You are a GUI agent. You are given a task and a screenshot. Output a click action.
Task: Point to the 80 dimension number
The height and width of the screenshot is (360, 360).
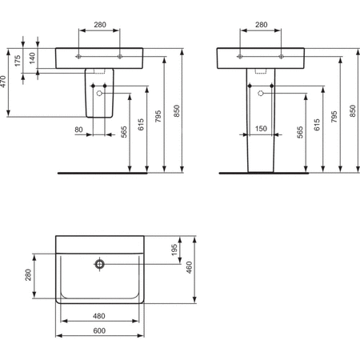[x=78, y=129]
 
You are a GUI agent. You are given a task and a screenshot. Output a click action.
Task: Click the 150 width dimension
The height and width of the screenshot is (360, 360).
[x=260, y=129]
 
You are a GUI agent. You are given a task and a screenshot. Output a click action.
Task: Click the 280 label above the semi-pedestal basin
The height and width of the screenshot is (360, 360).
[x=99, y=25]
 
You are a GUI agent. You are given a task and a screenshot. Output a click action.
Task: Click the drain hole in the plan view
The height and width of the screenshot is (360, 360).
[x=99, y=263]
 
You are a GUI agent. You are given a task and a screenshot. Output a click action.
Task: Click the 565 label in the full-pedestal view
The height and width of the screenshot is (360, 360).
[x=300, y=133]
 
